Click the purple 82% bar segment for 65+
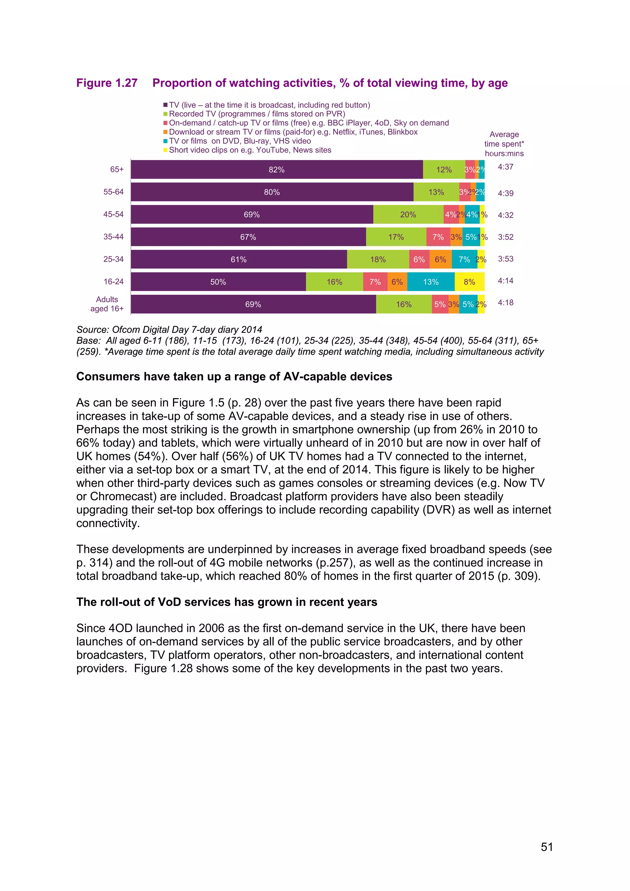pyautogui.click(x=277, y=170)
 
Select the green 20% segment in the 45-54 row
pyautogui.click(x=408, y=215)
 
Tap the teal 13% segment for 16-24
pyautogui.click(x=431, y=282)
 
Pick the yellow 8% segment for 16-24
pyautogui.click(x=469, y=282)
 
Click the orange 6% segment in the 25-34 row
pyautogui.click(x=440, y=259)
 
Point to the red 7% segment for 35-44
pyautogui.click(x=438, y=237)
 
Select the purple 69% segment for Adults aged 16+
pyautogui.click(x=253, y=304)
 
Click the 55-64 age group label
pyautogui.click(x=113, y=192)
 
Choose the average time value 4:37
pyautogui.click(x=505, y=167)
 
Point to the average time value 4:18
pyautogui.click(x=505, y=303)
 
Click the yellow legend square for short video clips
pyautogui.click(x=165, y=150)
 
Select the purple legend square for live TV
pyautogui.click(x=165, y=105)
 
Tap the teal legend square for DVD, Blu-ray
pyautogui.click(x=165, y=141)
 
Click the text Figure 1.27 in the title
pyautogui.click(x=107, y=83)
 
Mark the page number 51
pyautogui.click(x=547, y=847)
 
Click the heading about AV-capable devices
pyautogui.click(x=234, y=376)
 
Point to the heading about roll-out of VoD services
pyautogui.click(x=226, y=602)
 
